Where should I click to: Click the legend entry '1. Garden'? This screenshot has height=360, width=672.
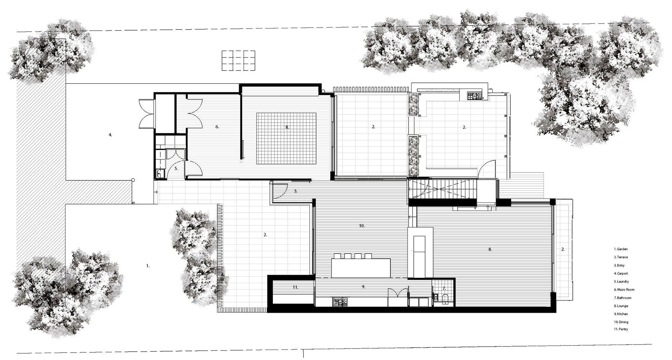tap(621, 249)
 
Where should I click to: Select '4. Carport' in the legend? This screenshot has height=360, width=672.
tap(621, 273)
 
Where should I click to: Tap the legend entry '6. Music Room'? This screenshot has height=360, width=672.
tap(624, 289)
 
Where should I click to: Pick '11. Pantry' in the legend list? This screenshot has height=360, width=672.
tap(621, 329)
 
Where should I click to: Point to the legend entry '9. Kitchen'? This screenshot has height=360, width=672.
tap(621, 314)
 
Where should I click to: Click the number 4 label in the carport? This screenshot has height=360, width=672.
tap(110, 135)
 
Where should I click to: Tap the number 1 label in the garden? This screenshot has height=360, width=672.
tap(148, 266)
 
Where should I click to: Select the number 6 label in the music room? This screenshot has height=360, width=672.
tap(217, 127)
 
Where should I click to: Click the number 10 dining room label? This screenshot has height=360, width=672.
tap(362, 226)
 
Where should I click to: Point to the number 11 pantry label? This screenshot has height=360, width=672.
tap(295, 287)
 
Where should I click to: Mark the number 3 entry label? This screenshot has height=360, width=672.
tap(295, 191)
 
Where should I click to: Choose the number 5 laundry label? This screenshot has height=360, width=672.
tap(176, 168)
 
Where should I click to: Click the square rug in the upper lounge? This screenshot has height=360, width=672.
tap(286, 138)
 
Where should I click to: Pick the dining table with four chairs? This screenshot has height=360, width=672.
tap(361, 265)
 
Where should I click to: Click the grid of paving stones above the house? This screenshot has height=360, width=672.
tap(238, 60)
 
